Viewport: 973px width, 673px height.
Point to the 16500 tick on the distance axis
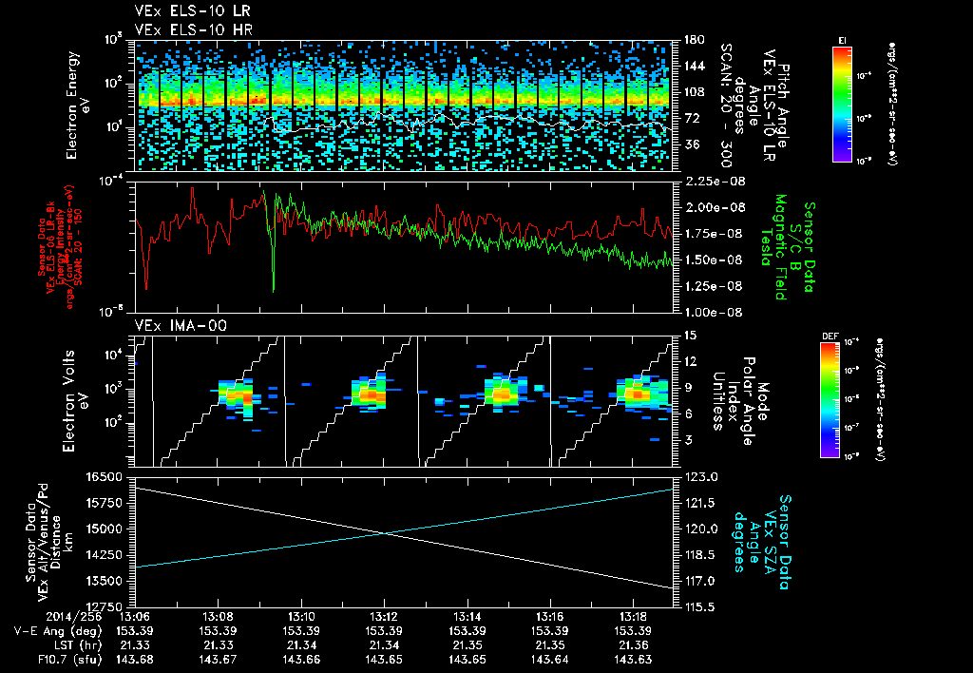click(108, 477)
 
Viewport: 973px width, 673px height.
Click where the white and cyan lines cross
click(382, 533)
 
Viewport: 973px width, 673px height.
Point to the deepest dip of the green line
click(274, 289)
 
